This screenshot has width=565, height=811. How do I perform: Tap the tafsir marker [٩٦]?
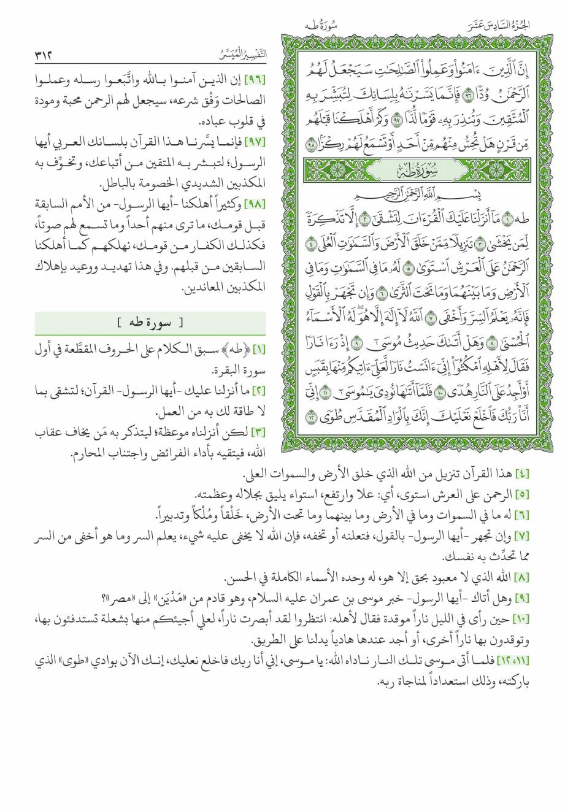254,80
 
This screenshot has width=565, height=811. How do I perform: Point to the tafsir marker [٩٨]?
254,203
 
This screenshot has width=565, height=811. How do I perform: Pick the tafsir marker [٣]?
257,433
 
